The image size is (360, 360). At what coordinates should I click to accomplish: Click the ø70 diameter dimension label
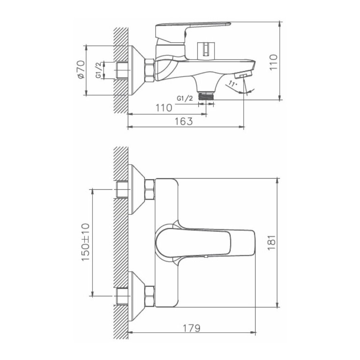tap(81, 70)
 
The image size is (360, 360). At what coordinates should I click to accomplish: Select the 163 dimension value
tap(184, 121)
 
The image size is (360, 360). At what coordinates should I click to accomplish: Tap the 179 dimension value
tap(192, 328)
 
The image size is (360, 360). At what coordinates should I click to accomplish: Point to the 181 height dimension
tap(271, 243)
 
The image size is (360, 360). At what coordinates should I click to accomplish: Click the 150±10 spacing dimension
tap(85, 242)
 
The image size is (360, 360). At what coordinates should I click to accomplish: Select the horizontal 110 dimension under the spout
tap(164, 108)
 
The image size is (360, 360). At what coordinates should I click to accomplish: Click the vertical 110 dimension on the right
tap(273, 62)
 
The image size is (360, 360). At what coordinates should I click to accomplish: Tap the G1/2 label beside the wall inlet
tap(99, 71)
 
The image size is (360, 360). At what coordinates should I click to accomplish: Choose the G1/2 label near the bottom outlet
tap(185, 98)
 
